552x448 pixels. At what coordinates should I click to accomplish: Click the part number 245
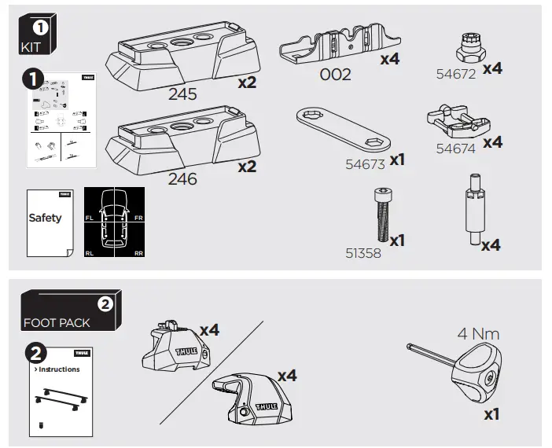click(x=183, y=95)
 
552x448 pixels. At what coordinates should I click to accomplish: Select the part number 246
click(x=183, y=179)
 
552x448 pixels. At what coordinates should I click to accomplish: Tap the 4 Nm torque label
click(x=478, y=334)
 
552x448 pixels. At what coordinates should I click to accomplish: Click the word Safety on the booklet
click(x=45, y=218)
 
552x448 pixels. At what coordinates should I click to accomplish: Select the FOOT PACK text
click(x=57, y=323)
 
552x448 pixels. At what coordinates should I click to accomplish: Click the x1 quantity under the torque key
click(x=491, y=413)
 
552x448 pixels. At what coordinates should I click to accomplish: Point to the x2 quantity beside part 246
click(x=247, y=167)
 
